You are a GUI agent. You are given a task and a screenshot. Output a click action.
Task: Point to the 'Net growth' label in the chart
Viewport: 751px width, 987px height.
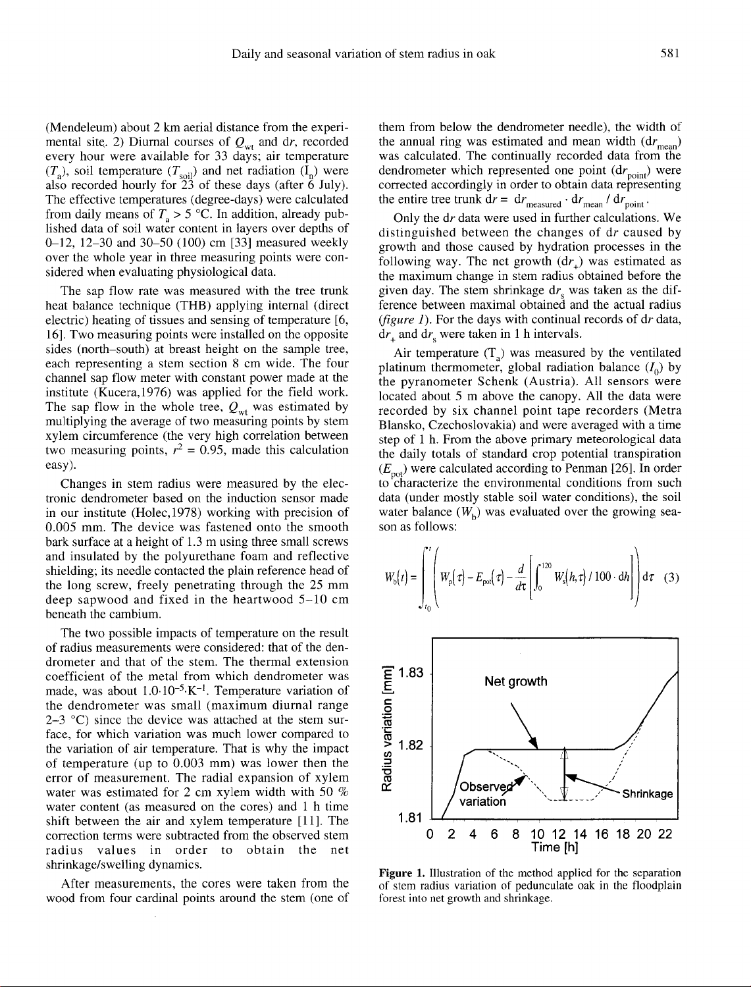point(515,681)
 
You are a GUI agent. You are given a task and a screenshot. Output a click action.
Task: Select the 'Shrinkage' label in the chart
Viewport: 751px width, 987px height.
point(648,793)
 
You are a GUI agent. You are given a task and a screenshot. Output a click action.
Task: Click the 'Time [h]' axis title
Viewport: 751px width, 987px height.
point(556,847)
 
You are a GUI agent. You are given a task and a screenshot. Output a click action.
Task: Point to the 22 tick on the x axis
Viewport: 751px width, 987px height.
point(665,834)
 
